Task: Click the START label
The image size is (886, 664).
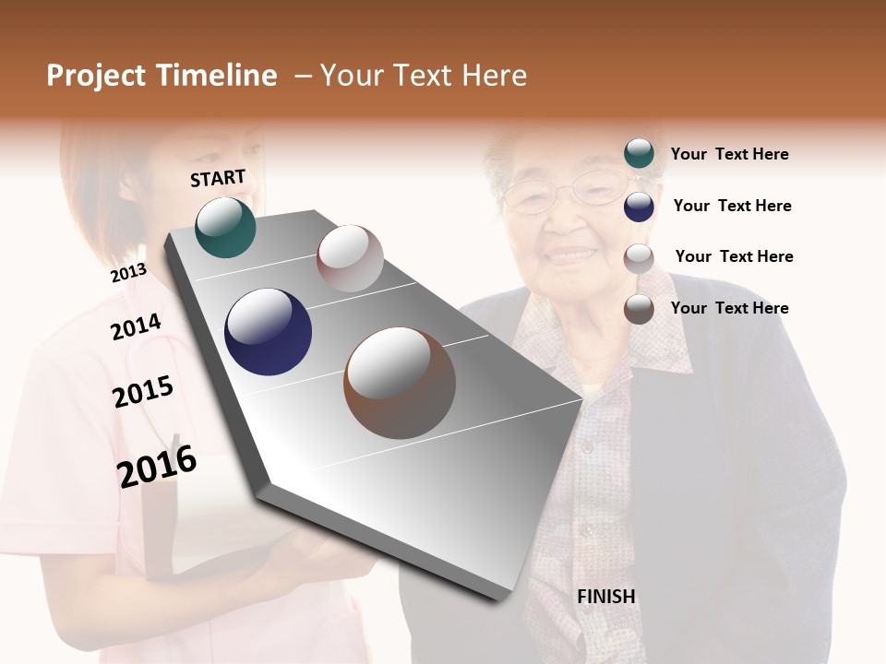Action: click(218, 178)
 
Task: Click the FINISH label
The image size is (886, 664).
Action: click(606, 597)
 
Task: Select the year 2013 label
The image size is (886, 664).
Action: click(128, 273)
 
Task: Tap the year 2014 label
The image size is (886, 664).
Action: click(136, 326)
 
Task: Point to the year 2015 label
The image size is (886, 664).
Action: click(143, 392)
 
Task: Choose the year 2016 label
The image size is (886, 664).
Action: click(157, 466)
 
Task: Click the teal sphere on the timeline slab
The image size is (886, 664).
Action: click(225, 227)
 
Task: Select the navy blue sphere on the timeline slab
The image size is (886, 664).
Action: click(268, 332)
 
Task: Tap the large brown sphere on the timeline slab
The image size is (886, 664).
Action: click(399, 383)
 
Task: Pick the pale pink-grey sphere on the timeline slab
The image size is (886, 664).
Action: click(350, 258)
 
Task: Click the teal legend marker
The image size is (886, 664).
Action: click(639, 153)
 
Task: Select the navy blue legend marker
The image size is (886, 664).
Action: click(639, 206)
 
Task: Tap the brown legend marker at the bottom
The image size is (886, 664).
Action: click(639, 309)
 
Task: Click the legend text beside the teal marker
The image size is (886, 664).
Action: click(729, 154)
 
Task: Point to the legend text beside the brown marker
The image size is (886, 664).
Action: click(729, 308)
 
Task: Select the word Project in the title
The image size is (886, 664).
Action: click(95, 76)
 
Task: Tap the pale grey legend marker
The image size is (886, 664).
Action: click(639, 257)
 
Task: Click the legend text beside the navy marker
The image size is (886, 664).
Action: click(732, 206)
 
